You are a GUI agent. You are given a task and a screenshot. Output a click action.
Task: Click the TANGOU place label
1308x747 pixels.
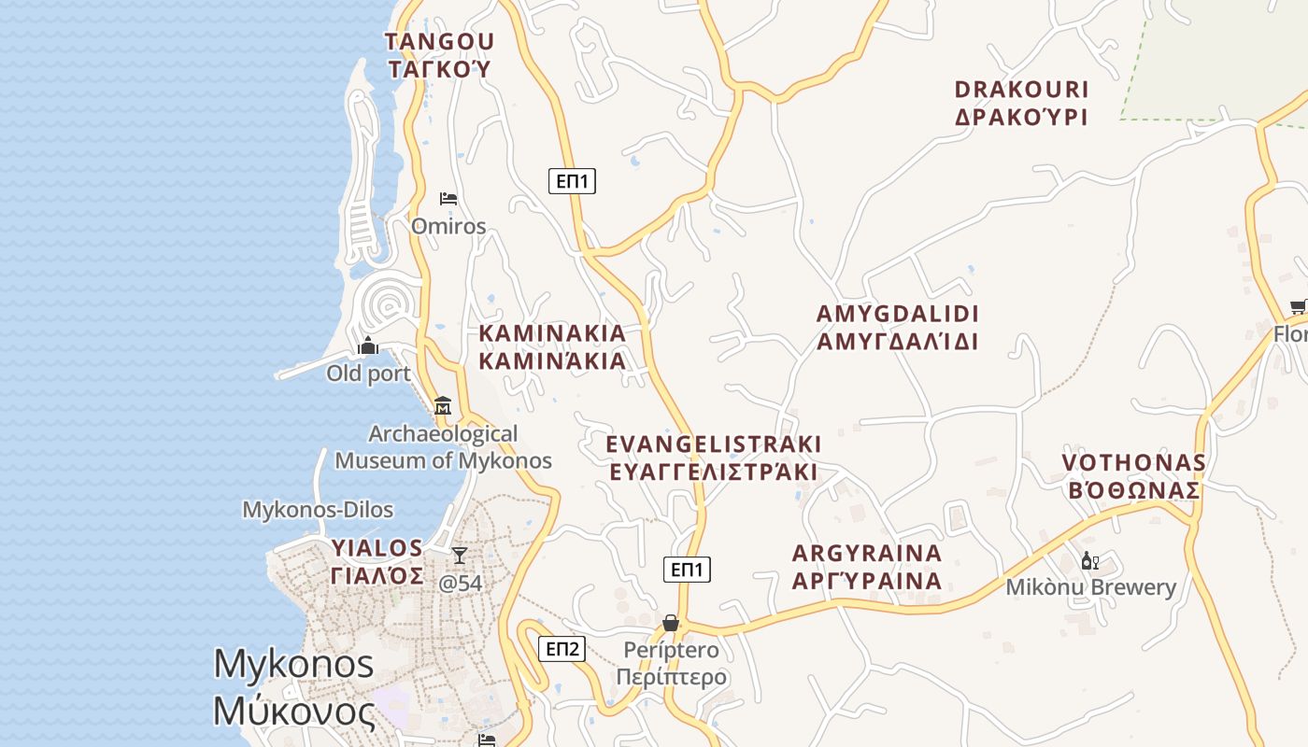pos(439,55)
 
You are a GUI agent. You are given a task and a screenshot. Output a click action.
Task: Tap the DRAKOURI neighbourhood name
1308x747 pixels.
pos(1022,103)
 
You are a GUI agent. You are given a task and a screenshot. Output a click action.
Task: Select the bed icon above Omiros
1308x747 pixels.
pos(448,199)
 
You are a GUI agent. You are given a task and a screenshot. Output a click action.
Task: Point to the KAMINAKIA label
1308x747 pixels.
pos(552,347)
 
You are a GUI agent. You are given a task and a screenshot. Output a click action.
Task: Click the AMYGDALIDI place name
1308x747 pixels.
pos(897,327)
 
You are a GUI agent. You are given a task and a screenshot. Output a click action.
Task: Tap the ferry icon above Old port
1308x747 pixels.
pos(368,346)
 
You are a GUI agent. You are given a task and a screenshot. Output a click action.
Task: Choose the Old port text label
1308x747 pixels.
pos(368,373)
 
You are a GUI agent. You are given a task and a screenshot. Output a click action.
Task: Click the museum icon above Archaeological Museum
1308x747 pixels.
pos(443,406)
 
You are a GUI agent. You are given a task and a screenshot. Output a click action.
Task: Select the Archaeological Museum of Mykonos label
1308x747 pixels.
pos(444,447)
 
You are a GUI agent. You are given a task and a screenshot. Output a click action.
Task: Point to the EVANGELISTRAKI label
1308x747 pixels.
pos(714,457)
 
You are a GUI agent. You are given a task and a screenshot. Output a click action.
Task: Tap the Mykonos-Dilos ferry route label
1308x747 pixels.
pos(318,510)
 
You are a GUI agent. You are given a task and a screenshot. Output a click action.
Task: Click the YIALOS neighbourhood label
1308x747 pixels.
pos(377,561)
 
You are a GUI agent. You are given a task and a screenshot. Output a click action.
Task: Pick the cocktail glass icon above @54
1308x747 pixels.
pos(459,557)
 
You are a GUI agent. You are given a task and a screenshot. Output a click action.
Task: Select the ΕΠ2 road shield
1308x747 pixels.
pos(562,649)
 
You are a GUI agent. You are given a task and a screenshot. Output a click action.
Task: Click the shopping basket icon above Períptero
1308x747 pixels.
pos(670,623)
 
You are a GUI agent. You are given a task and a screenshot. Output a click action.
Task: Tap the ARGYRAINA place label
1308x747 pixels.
pos(867,567)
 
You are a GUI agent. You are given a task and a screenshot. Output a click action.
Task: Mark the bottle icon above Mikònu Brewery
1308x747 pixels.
pos(1088,561)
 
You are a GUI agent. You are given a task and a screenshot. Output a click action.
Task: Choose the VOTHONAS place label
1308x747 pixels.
pos(1133,476)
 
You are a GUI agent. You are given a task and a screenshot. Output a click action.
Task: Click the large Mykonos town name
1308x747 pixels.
pos(294,687)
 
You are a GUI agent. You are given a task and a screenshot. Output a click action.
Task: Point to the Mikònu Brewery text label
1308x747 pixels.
pos(1090,587)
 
